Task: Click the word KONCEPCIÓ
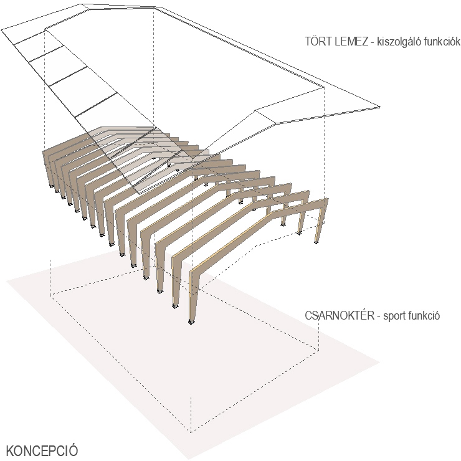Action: [42, 451]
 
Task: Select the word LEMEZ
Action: [351, 42]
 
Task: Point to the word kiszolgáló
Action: [400, 42]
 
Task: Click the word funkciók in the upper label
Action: [443, 42]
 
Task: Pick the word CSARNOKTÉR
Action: [340, 316]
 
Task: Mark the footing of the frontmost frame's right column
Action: [316, 242]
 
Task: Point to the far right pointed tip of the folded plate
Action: [379, 107]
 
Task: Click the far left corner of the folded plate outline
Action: [2, 30]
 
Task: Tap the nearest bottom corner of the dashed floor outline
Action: [191, 432]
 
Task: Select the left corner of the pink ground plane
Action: [7, 281]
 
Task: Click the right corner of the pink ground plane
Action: [379, 363]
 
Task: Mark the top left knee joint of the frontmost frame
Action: [192, 270]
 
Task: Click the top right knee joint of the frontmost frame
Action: [326, 200]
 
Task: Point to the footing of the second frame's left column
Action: [175, 306]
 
